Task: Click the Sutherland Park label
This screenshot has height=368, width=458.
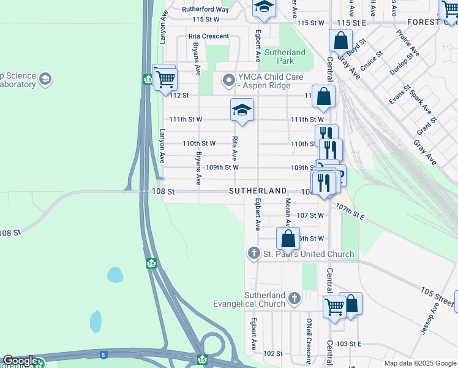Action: click(282, 56)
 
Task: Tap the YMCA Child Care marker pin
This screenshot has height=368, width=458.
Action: click(229, 80)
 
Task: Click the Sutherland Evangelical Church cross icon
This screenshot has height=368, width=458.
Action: click(295, 299)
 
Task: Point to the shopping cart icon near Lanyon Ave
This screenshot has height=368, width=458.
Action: click(165, 79)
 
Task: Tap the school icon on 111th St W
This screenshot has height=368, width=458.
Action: click(242, 110)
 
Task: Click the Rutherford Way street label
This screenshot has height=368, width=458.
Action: click(205, 9)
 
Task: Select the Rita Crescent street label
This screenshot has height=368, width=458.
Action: click(209, 36)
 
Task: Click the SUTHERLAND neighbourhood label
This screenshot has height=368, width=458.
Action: click(258, 191)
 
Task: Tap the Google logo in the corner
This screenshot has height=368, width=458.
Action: click(20, 361)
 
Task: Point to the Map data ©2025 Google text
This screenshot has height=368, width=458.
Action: click(419, 363)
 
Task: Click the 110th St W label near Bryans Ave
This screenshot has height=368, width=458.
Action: click(199, 143)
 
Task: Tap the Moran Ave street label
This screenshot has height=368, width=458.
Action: click(287, 209)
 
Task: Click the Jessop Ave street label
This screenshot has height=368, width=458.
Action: click(435, 321)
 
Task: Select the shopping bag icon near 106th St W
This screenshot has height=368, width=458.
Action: click(288, 238)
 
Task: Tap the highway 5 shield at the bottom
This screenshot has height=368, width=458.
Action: click(102, 355)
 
